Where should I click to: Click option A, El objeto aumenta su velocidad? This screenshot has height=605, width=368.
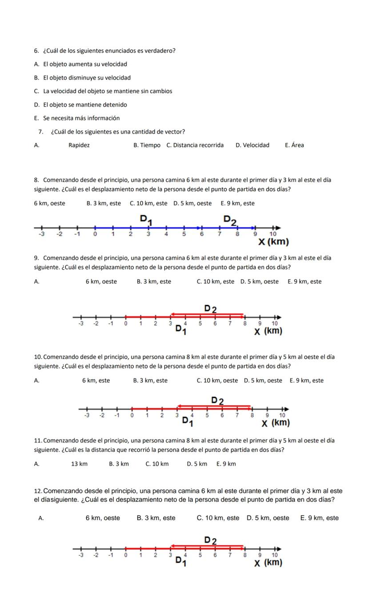pos(80,64)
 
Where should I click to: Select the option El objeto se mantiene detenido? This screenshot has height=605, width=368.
pos(80,105)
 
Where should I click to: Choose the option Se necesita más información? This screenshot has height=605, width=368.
pos(77,118)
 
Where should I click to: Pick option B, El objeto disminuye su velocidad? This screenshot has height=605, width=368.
pos(82,78)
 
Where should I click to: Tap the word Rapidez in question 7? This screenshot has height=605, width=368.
pos(79,145)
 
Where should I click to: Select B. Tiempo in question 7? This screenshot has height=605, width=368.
pos(147,145)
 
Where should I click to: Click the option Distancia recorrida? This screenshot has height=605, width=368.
pos(195,145)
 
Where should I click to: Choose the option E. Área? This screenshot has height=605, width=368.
pos(294,145)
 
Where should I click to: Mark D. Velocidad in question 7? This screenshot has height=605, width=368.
pos(252,145)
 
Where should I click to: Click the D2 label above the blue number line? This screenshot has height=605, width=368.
pos(230,220)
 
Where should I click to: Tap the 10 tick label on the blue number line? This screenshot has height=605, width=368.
pos(273,234)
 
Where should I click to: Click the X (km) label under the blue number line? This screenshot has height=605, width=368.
pos(273,242)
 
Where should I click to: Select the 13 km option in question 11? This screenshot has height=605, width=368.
pos(79,464)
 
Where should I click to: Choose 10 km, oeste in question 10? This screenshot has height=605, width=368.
pos(217,380)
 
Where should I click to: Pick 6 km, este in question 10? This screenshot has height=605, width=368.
pos(96,380)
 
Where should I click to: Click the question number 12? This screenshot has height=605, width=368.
pos(38,491)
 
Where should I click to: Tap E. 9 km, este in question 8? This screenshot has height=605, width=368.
pos(237,203)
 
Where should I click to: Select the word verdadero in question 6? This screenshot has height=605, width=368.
pos(159,51)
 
